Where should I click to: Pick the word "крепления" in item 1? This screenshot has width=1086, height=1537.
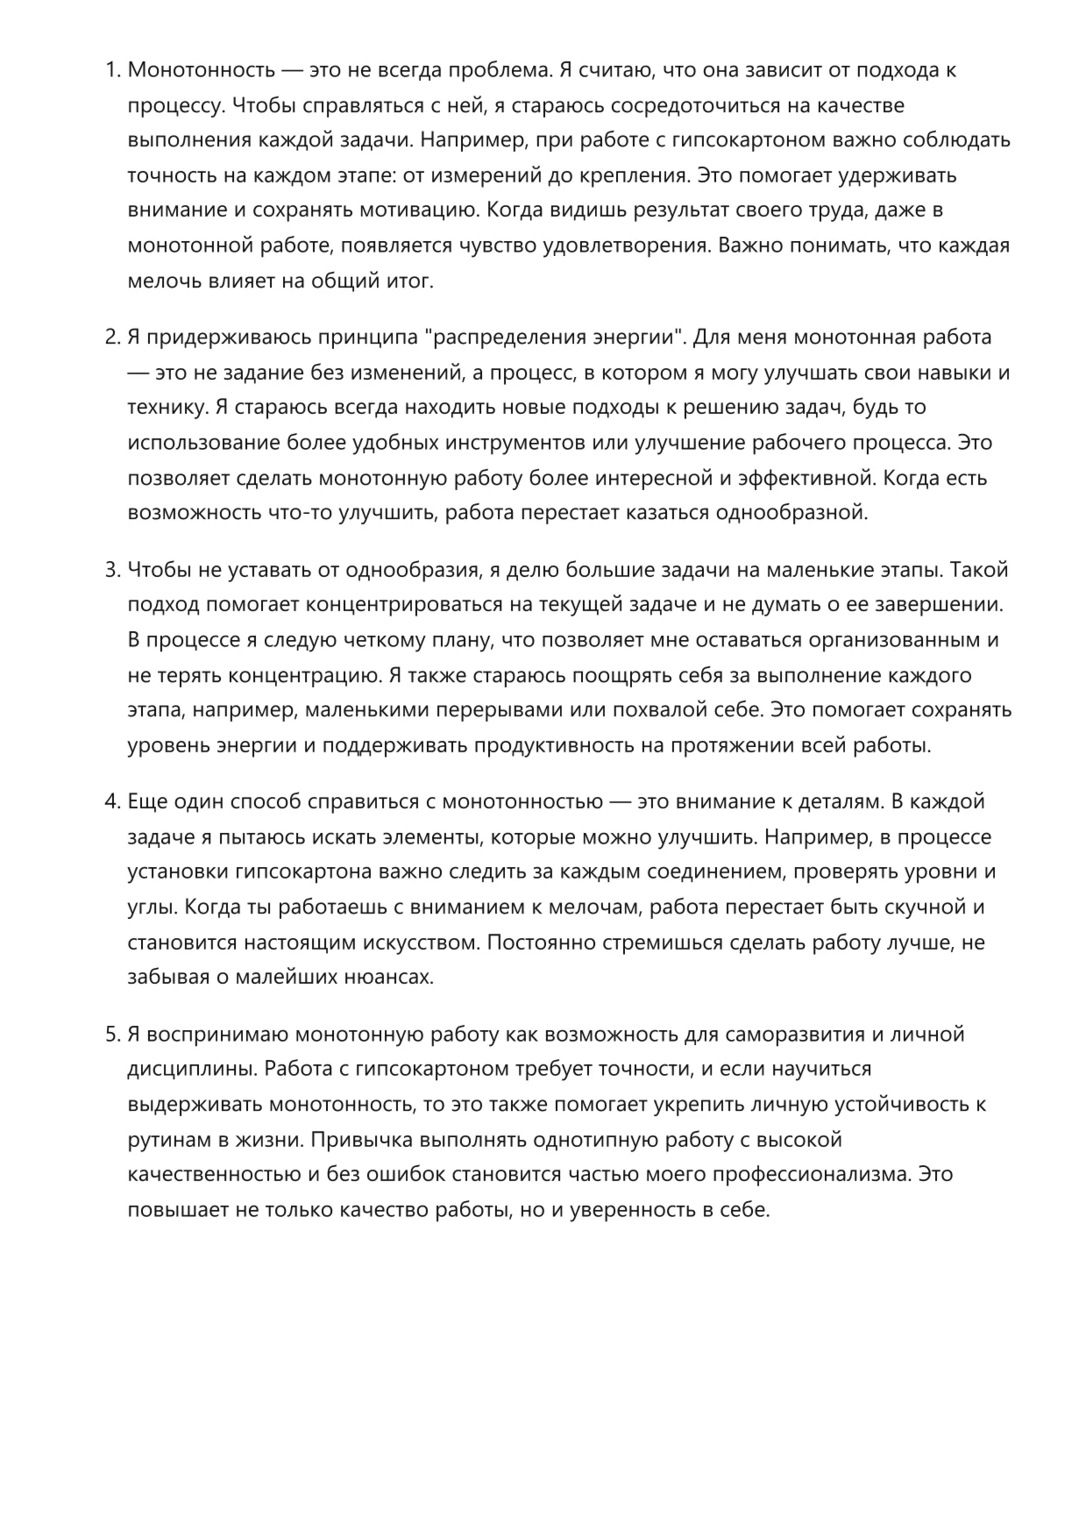coord(633,175)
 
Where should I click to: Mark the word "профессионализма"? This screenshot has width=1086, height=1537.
coord(811,1174)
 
